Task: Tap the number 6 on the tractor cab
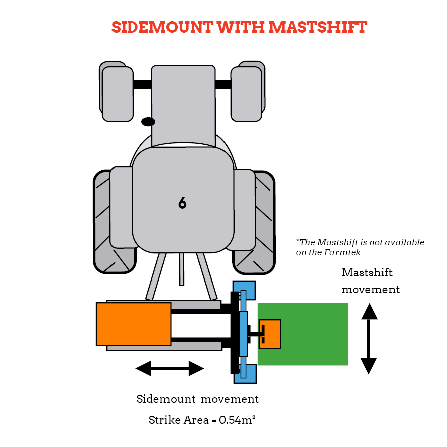[182, 203]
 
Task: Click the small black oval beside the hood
[148, 122]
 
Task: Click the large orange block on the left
[133, 324]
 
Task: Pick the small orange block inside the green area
[270, 334]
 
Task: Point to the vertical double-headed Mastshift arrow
[369, 339]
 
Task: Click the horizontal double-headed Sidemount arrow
[170, 369]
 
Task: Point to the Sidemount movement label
[197, 399]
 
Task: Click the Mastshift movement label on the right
[370, 281]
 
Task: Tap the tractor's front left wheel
[117, 93]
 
